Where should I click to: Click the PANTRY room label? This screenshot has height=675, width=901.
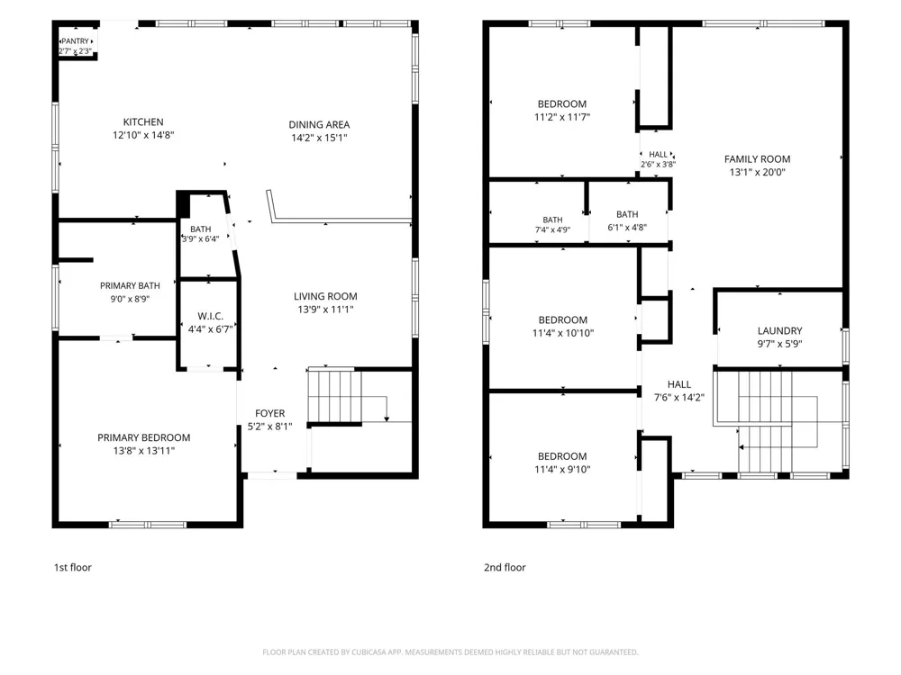pyautogui.click(x=76, y=41)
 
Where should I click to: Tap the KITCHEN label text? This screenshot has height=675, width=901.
pyautogui.click(x=143, y=122)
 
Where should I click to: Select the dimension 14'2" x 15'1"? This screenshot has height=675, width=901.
pyautogui.click(x=319, y=138)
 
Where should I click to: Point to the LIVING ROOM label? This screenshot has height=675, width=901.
pyautogui.click(x=325, y=296)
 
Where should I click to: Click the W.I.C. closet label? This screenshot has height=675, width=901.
pyautogui.click(x=210, y=316)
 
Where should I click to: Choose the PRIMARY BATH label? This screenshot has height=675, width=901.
pyautogui.click(x=130, y=286)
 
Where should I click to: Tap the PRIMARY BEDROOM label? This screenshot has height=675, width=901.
pyautogui.click(x=143, y=437)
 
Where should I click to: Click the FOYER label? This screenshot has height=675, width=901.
pyautogui.click(x=270, y=413)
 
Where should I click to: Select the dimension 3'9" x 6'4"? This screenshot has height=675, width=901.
pyautogui.click(x=201, y=238)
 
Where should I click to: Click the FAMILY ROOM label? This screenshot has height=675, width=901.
pyautogui.click(x=757, y=159)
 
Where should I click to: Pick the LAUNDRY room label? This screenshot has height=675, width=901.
pyautogui.click(x=779, y=330)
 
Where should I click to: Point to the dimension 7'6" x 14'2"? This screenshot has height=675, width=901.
pyautogui.click(x=679, y=397)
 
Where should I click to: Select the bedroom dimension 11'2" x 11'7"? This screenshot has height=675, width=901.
pyautogui.click(x=562, y=117)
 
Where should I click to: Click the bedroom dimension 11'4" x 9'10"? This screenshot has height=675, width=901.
pyautogui.click(x=562, y=470)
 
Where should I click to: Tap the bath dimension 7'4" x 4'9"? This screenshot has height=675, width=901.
pyautogui.click(x=552, y=230)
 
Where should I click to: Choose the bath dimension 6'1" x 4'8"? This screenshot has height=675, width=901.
pyautogui.click(x=627, y=228)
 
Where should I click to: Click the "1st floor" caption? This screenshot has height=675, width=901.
pyautogui.click(x=73, y=567)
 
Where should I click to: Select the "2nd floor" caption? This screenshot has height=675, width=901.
pyautogui.click(x=505, y=567)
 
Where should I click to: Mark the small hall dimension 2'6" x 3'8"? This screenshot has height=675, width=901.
pyautogui.click(x=658, y=164)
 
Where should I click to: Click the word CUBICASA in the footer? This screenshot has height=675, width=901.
pyautogui.click(x=369, y=652)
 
